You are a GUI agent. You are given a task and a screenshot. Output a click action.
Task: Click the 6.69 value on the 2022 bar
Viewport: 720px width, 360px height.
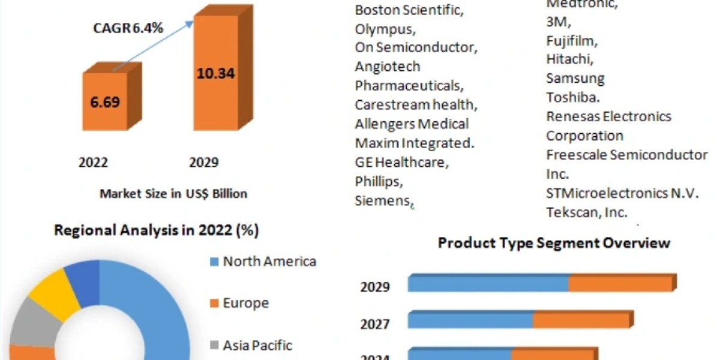click(105, 101)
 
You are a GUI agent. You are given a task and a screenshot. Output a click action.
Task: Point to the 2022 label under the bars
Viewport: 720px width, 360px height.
click(94, 163)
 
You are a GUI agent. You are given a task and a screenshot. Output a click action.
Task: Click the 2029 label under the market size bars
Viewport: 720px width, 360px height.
click(204, 163)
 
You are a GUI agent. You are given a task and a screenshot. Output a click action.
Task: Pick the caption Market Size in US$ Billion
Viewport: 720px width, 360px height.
click(173, 193)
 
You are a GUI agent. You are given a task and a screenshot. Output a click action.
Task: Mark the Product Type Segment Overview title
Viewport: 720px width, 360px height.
click(553, 243)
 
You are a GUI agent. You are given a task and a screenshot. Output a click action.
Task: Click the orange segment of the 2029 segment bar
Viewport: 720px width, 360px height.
click(620, 283)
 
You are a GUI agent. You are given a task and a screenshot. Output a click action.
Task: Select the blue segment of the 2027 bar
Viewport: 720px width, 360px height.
click(470, 320)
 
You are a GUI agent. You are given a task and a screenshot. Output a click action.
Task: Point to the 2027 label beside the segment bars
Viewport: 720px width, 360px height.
click(375, 325)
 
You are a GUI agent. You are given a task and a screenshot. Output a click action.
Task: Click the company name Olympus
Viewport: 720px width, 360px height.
click(384, 29)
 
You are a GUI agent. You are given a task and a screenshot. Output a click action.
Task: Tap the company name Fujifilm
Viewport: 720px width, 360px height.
click(572, 41)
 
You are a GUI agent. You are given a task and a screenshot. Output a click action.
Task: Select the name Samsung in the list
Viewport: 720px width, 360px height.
click(575, 78)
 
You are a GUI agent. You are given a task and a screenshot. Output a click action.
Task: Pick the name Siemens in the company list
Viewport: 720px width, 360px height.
click(382, 200)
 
